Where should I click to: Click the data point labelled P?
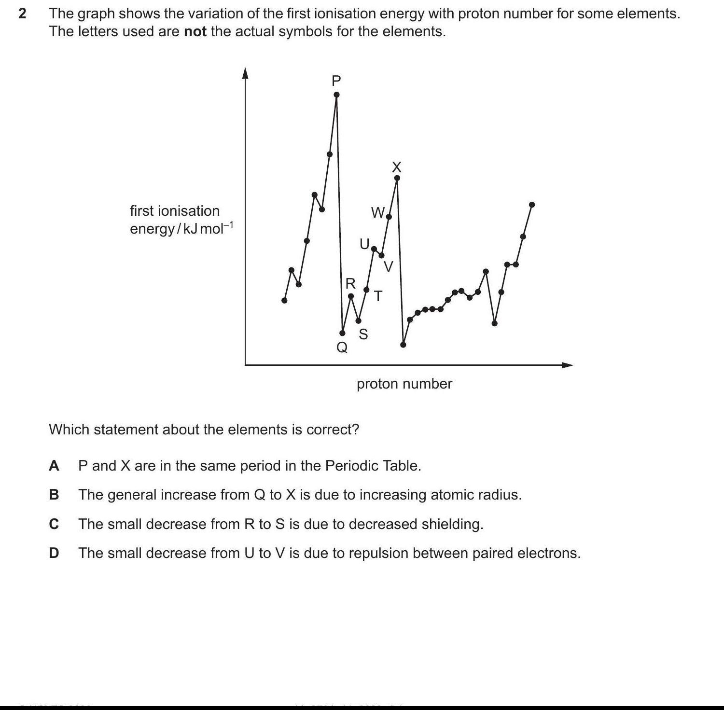[336, 95]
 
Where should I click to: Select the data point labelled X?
[397, 178]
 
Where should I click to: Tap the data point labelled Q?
[343, 333]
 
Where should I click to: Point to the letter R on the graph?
[351, 283]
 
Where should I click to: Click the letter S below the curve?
[363, 334]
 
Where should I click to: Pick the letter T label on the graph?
[378, 296]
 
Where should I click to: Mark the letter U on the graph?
[364, 244]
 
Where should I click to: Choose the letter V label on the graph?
[389, 266]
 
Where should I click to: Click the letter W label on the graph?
[377, 212]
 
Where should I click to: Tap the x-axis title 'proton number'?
[404, 384]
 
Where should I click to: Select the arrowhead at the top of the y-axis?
[245, 72]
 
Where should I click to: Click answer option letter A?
[54, 466]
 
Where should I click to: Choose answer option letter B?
[54, 495]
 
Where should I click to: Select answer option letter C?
[54, 524]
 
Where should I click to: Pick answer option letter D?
[54, 553]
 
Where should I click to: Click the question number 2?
[22, 14]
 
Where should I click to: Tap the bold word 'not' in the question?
[195, 32]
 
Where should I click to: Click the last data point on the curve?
[532, 205]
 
